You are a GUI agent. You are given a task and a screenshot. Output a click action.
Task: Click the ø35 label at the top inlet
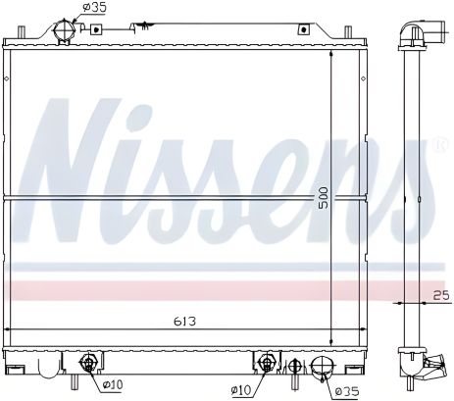(x=94, y=7)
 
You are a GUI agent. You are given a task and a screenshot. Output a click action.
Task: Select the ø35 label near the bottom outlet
(x=347, y=391)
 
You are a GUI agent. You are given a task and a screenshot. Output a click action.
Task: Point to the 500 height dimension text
(x=323, y=198)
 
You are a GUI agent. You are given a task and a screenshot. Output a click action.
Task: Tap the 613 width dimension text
(x=185, y=322)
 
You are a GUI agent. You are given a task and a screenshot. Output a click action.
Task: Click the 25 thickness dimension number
(x=441, y=295)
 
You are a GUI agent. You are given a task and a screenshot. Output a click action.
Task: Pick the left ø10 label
(x=113, y=384)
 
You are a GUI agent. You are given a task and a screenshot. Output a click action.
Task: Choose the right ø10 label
(x=241, y=389)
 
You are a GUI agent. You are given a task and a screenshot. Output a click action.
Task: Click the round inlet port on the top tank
(x=65, y=30)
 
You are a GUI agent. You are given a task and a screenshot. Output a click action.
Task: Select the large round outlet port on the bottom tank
(x=322, y=367)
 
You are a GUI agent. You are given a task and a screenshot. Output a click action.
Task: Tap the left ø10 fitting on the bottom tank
(x=87, y=363)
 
